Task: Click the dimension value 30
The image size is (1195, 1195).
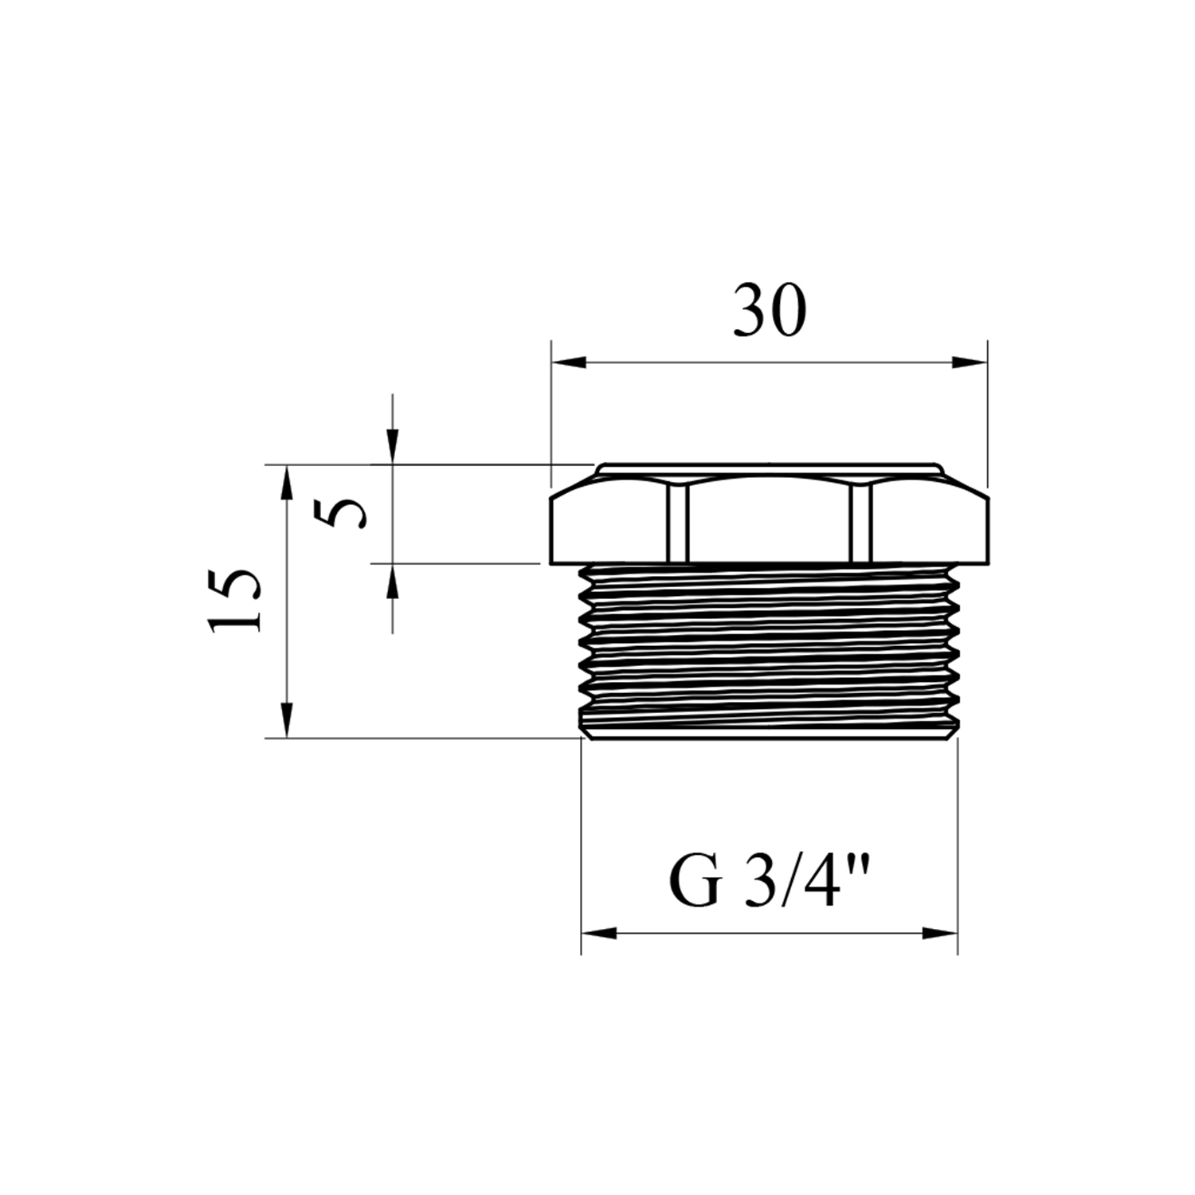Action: [x=770, y=309]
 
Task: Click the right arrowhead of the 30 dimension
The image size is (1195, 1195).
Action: [x=970, y=362]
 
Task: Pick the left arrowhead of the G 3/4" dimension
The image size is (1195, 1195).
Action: [x=599, y=933]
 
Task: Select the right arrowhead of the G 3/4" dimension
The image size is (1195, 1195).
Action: [x=940, y=933]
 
